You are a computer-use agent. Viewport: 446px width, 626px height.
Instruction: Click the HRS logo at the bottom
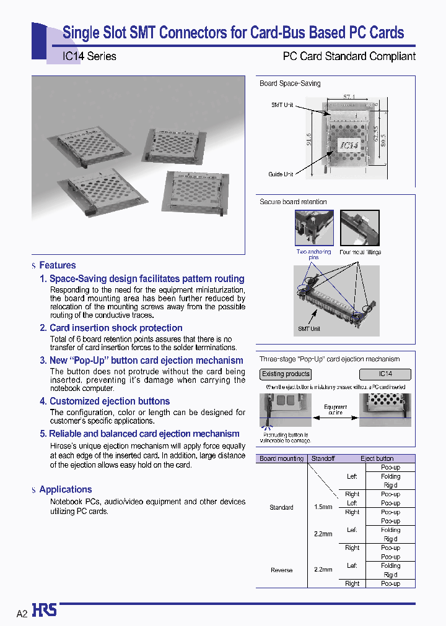click(x=45, y=611)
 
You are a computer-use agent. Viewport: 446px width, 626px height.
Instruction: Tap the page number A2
click(x=22, y=614)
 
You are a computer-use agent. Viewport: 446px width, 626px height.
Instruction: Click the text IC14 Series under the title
click(x=89, y=56)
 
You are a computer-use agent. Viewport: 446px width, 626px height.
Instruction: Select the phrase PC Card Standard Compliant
click(x=349, y=56)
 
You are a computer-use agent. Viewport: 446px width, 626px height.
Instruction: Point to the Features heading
click(x=57, y=265)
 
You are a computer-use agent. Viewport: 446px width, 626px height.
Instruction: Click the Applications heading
click(x=65, y=489)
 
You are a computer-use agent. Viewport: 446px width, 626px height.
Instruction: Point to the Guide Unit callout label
click(x=281, y=174)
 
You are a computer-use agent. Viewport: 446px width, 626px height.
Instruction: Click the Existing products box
click(x=286, y=374)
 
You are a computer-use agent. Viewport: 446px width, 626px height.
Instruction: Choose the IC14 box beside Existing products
click(x=385, y=374)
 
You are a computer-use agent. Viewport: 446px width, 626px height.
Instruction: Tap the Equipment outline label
click(x=336, y=410)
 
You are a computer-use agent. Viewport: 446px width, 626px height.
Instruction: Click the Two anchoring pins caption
click(x=313, y=255)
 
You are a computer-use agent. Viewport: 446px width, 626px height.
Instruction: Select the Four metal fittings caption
click(x=361, y=252)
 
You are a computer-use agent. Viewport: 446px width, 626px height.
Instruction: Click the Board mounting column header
click(x=281, y=458)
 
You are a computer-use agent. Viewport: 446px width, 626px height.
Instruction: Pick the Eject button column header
click(x=377, y=458)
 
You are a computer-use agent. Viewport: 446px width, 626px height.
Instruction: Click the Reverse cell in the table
click(x=281, y=570)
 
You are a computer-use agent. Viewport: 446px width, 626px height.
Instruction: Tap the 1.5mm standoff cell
click(x=323, y=507)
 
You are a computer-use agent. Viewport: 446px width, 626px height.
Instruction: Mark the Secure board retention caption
click(x=293, y=202)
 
